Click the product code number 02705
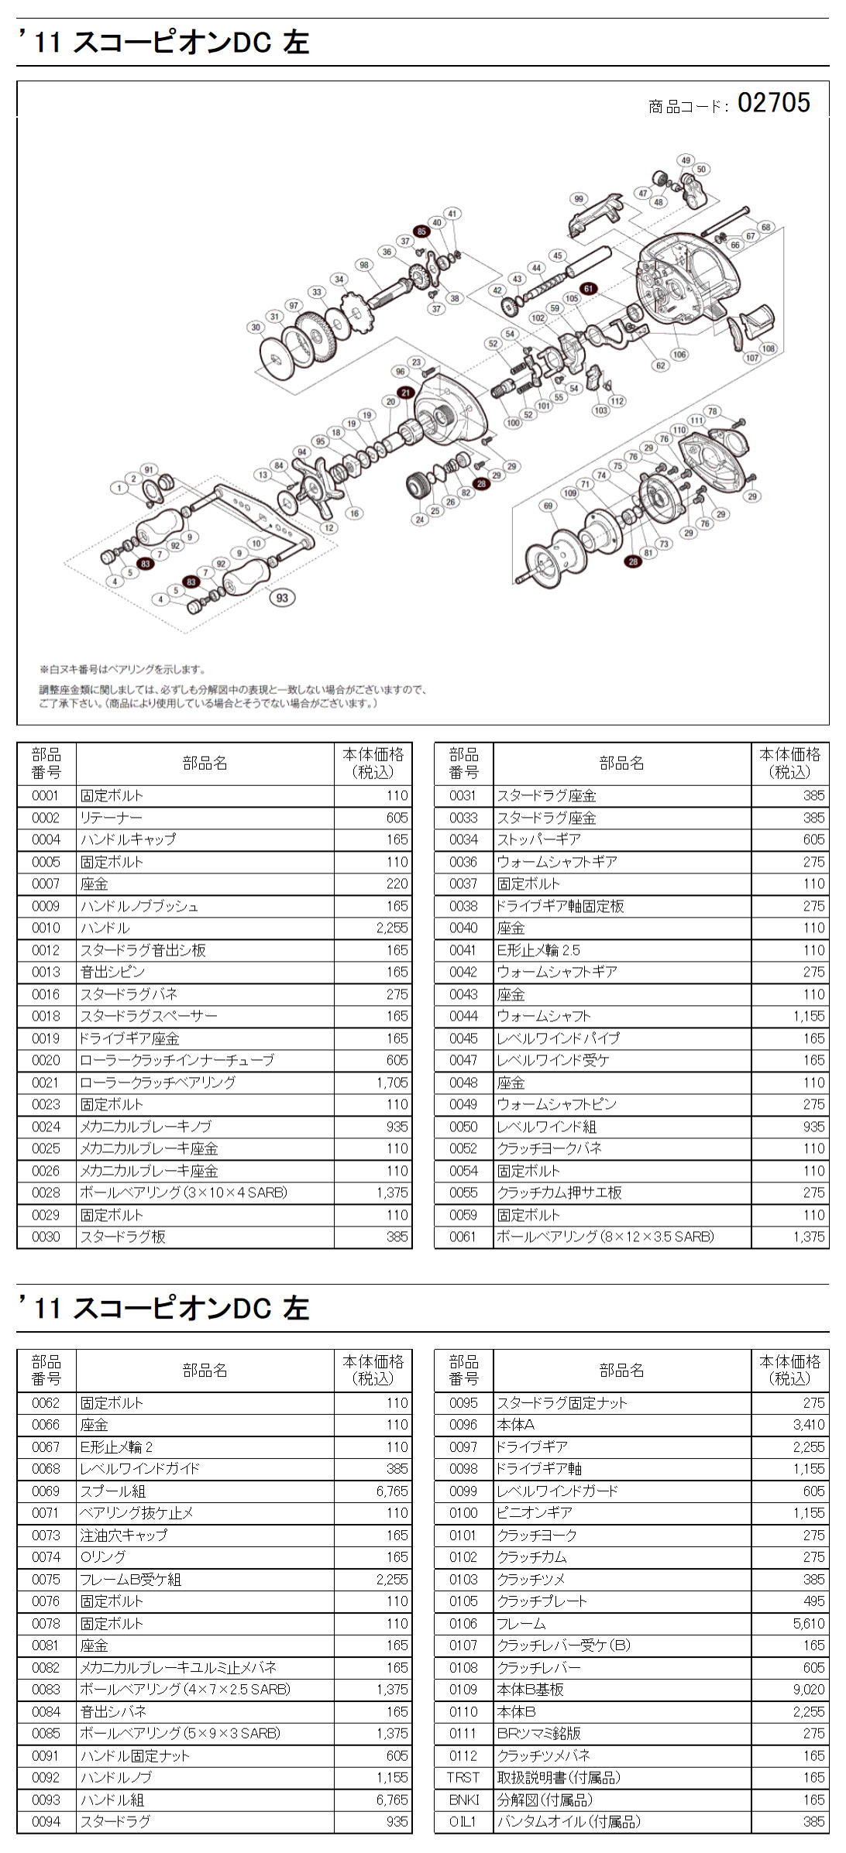[773, 102]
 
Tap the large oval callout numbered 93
[282, 597]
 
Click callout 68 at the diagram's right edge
[765, 227]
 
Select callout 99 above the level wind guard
[578, 198]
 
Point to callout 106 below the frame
[679, 355]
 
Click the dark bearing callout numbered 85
[421, 231]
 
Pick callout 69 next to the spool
[549, 506]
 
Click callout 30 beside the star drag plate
[256, 327]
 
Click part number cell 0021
[46, 1082]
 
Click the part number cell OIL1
[463, 1821]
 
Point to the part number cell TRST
[463, 1777]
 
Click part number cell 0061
[463, 1237]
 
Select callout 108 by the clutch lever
[768, 348]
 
